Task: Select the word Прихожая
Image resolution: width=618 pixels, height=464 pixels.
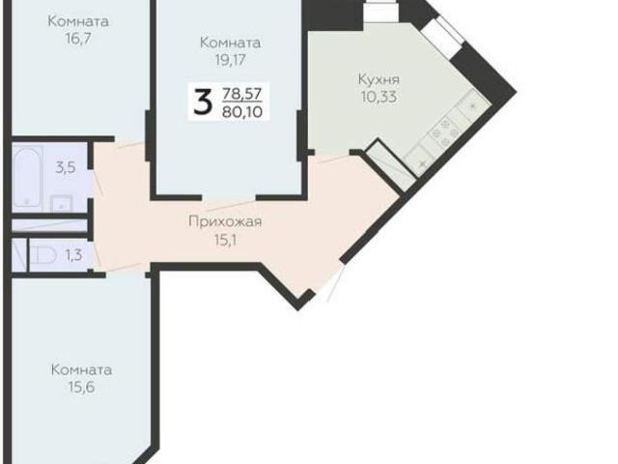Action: pyautogui.click(x=225, y=221)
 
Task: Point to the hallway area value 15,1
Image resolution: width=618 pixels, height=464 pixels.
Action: pyautogui.click(x=225, y=238)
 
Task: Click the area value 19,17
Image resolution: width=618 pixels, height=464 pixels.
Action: pyautogui.click(x=230, y=60)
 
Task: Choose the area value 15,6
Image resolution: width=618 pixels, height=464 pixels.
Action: pyautogui.click(x=82, y=388)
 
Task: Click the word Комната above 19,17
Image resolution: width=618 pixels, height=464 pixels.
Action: pyautogui.click(x=230, y=43)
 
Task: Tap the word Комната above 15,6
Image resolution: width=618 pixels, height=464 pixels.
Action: pyautogui.click(x=82, y=370)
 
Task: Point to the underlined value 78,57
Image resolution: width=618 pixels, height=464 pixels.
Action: pyautogui.click(x=242, y=93)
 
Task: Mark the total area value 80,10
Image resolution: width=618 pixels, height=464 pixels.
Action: pyautogui.click(x=242, y=112)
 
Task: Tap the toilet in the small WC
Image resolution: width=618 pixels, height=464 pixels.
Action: pyautogui.click(x=42, y=256)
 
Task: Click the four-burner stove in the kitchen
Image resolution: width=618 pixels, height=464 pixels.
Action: pyautogui.click(x=446, y=133)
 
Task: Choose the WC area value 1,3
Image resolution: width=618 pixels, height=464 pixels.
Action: pyautogui.click(x=72, y=255)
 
